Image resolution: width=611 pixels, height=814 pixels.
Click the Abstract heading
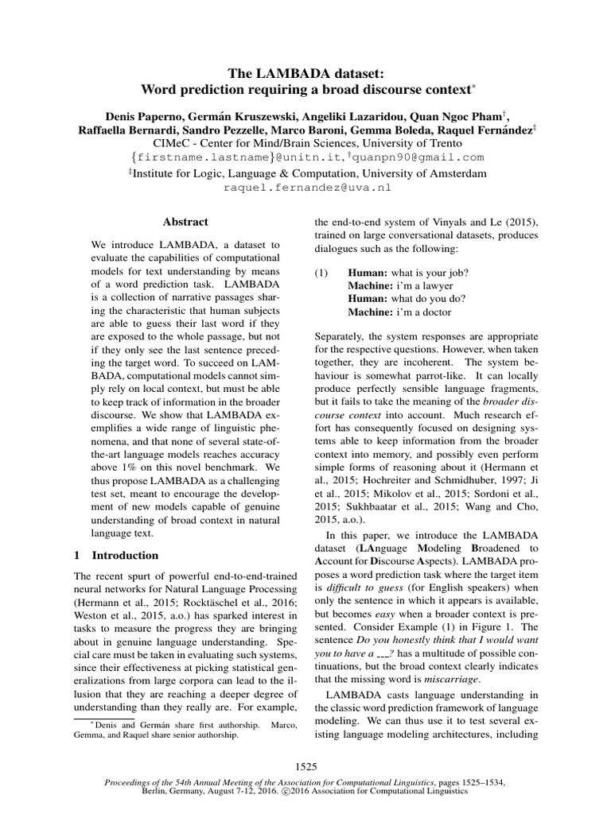point(185,223)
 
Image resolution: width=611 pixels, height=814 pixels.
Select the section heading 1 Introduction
point(116,555)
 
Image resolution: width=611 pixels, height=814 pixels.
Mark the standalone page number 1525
point(306,766)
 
